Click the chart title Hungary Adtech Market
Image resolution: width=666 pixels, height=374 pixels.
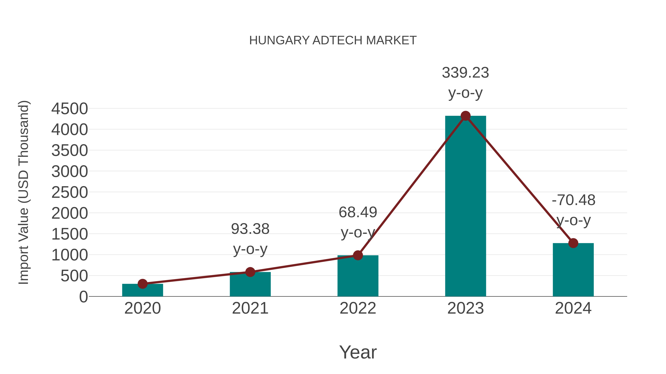pos(333,40)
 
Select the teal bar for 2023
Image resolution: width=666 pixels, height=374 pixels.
pos(465,206)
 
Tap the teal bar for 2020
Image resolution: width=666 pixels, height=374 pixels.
pos(142,290)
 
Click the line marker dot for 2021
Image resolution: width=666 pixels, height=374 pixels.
pos(250,272)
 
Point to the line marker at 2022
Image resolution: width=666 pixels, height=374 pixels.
pos(358,255)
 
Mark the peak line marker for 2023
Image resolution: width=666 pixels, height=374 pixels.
pos(465,116)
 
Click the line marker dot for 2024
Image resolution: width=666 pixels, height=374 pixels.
pos(573,243)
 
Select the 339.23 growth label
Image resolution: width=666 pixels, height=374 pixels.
pos(465,73)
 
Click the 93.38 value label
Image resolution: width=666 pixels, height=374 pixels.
pos(250,229)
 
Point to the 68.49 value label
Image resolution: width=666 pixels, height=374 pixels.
pos(358,212)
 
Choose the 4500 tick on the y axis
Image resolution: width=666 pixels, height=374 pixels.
pos(70,109)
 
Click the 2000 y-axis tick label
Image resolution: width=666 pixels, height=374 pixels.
pos(70,214)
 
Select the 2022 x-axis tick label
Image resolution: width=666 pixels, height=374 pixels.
pos(358,308)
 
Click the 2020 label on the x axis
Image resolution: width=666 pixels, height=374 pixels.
pos(142,308)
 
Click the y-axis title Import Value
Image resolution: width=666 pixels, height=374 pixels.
pos(23,192)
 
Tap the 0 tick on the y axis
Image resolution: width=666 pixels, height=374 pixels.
pos(83,297)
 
